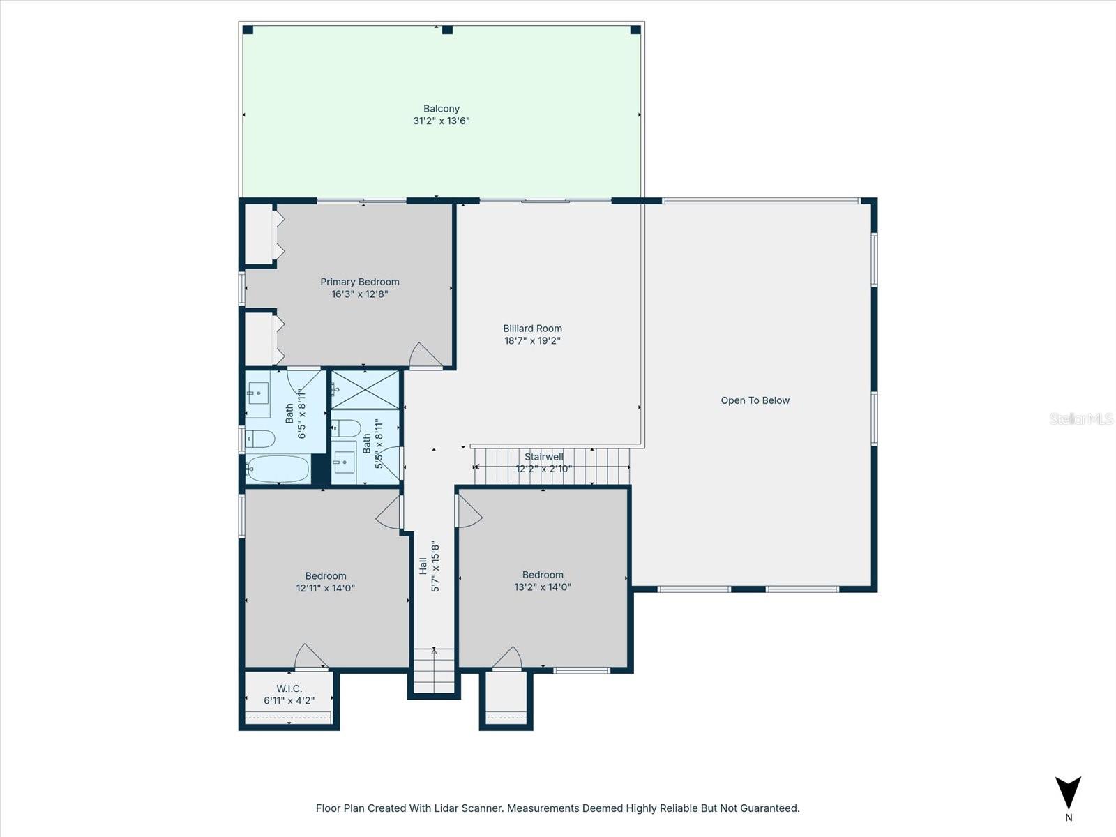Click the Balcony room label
(x=441, y=109)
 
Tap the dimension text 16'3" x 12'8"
(x=359, y=294)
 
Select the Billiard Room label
(x=532, y=329)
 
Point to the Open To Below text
(x=755, y=400)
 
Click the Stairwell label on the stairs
(x=543, y=457)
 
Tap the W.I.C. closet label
(x=289, y=688)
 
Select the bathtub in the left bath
(x=278, y=469)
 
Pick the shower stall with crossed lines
(x=365, y=390)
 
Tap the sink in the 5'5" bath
(x=344, y=461)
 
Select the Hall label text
(x=423, y=566)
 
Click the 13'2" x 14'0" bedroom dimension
(x=543, y=587)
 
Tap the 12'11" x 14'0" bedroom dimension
(x=325, y=588)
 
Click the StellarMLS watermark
(x=1081, y=418)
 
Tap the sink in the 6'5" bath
(x=259, y=393)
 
